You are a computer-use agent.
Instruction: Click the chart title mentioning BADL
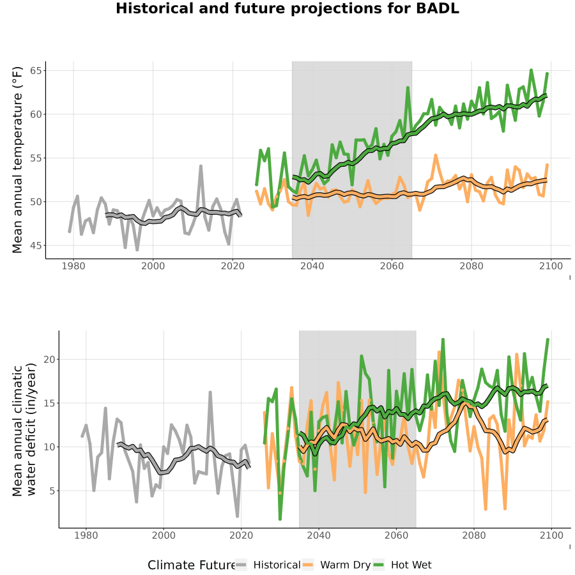pyautogui.click(x=287, y=8)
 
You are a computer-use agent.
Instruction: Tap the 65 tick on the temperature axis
pyautogui.click(x=36, y=70)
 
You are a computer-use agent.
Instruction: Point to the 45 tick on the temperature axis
pyautogui.click(x=36, y=246)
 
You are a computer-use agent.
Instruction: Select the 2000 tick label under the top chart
pyautogui.click(x=153, y=266)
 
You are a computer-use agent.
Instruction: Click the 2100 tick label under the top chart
pyautogui.click(x=551, y=266)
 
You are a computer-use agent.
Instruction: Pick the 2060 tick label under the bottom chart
pyautogui.click(x=396, y=535)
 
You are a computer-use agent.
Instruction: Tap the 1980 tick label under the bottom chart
pyautogui.click(x=86, y=535)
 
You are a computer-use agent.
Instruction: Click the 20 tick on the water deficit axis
pyautogui.click(x=49, y=359)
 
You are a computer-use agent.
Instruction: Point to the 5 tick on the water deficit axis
pyautogui.click(x=52, y=491)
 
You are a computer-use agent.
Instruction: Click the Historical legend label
pyautogui.click(x=277, y=565)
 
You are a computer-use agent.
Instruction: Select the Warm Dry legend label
pyautogui.click(x=346, y=565)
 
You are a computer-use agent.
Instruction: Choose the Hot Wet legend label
pyautogui.click(x=411, y=565)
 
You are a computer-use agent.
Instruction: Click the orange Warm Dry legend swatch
pyautogui.click(x=309, y=565)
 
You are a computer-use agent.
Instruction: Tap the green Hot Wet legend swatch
pyautogui.click(x=378, y=565)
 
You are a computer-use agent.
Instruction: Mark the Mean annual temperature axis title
pyautogui.click(x=17, y=160)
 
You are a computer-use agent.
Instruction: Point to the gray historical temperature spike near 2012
pyautogui.click(x=201, y=166)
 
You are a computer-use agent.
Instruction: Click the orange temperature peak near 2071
pyautogui.click(x=436, y=155)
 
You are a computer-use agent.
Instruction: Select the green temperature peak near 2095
pyautogui.click(x=531, y=70)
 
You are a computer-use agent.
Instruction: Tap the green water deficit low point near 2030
pyautogui.click(x=280, y=519)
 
